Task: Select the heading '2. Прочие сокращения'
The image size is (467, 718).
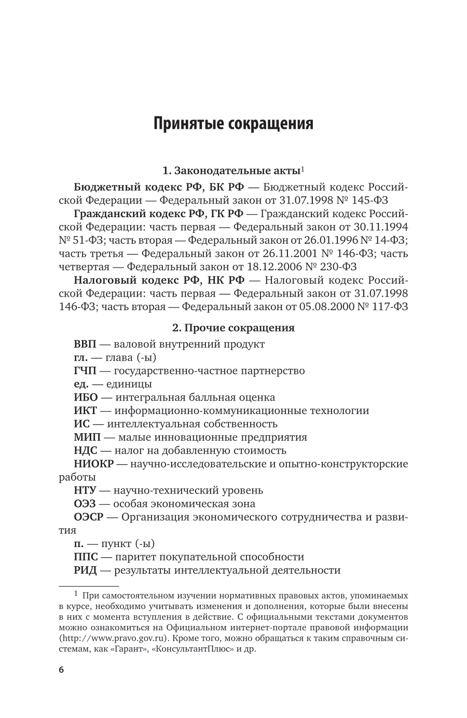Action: point(233,328)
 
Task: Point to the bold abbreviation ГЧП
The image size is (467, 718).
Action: point(85,370)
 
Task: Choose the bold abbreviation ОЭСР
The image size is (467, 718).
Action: point(89,517)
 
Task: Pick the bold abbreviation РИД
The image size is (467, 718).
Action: point(85,570)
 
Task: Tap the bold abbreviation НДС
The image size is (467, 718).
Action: point(85,450)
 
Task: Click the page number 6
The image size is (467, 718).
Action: point(61,670)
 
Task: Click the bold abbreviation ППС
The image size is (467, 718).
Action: point(85,557)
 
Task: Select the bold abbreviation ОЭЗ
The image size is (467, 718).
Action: point(84,504)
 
